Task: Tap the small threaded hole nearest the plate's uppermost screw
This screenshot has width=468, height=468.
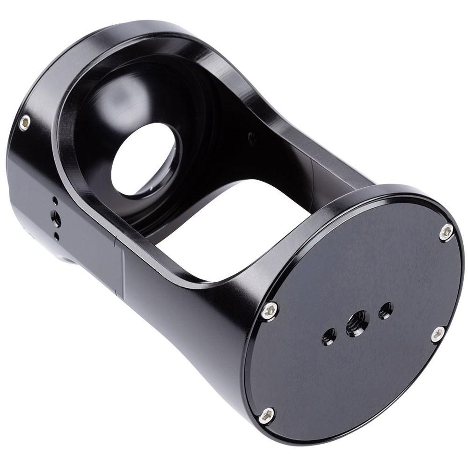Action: [386, 310]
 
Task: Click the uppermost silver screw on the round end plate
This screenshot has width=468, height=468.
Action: [446, 232]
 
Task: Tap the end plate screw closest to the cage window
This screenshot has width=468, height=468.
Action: [270, 310]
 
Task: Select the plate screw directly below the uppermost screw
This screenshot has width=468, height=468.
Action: [438, 334]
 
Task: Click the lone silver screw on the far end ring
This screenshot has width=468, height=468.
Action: [25, 123]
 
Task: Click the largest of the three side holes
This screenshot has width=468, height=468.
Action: [56, 217]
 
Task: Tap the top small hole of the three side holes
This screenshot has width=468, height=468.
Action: [55, 201]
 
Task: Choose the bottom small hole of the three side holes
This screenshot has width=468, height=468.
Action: [57, 236]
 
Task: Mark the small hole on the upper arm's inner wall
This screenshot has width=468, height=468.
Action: [252, 138]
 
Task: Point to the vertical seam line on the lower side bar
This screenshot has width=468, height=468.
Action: [124, 271]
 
